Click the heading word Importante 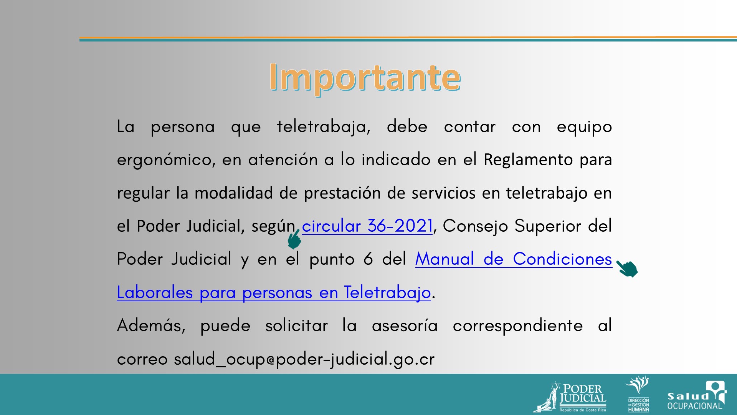pyautogui.click(x=365, y=78)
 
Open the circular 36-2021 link pyautogui.click(x=367, y=226)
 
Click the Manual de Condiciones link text pyautogui.click(x=514, y=259)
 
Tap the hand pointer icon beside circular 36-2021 pyautogui.click(x=294, y=239)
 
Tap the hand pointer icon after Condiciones pyautogui.click(x=627, y=268)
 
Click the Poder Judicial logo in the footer pyautogui.click(x=570, y=397)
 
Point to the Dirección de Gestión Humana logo pyautogui.click(x=638, y=394)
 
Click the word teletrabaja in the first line pyautogui.click(x=324, y=127)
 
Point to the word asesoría pyautogui.click(x=405, y=326)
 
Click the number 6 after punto pyautogui.click(x=368, y=259)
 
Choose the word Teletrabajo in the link pyautogui.click(x=387, y=292)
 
